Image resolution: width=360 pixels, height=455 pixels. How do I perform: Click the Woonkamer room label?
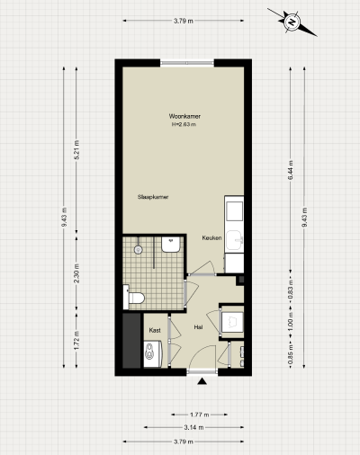coord(184,116)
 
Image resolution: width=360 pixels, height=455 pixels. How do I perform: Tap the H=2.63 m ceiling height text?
coord(184,125)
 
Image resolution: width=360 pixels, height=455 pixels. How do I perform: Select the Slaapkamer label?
coord(154,195)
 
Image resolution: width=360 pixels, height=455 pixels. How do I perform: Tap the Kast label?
coord(155,330)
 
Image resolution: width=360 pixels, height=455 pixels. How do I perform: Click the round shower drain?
coord(138,248)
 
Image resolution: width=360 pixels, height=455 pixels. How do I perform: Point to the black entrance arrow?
coord(202,383)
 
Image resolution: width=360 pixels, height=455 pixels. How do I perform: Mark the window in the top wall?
coord(187,61)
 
